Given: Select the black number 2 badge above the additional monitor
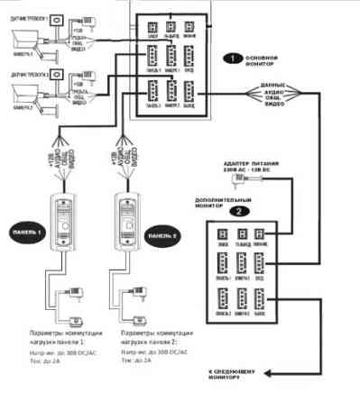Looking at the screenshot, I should pos(237,210).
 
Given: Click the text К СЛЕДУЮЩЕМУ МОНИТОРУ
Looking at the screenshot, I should pos(241,373).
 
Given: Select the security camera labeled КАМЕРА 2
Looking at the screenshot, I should pos(25,95).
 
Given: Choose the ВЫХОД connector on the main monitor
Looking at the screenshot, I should pos(189,92).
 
